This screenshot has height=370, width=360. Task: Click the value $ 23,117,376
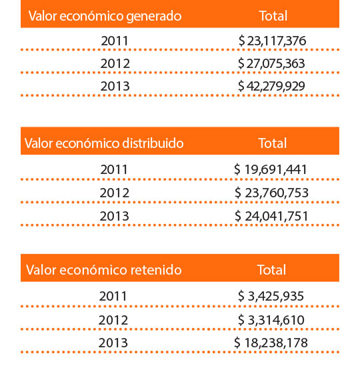272,41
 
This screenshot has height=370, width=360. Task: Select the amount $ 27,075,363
271,63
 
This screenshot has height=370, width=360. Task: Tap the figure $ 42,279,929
271,86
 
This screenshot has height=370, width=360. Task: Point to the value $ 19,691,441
271,169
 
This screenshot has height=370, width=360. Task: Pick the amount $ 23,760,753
271,193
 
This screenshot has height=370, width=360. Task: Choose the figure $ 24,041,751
271,216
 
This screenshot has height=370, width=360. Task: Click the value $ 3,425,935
271,296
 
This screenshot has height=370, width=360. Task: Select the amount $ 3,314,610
271,320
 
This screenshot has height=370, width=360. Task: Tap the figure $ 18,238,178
271,343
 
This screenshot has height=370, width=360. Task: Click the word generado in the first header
154,17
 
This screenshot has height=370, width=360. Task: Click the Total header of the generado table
273,16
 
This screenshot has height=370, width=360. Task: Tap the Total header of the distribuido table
273,143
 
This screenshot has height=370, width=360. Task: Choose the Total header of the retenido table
271,270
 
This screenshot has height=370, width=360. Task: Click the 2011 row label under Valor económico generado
115,41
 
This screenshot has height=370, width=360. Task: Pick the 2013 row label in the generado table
115,86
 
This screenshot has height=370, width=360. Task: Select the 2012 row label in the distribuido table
115,193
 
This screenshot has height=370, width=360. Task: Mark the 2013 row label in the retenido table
113,343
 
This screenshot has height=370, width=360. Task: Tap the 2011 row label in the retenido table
113,296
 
